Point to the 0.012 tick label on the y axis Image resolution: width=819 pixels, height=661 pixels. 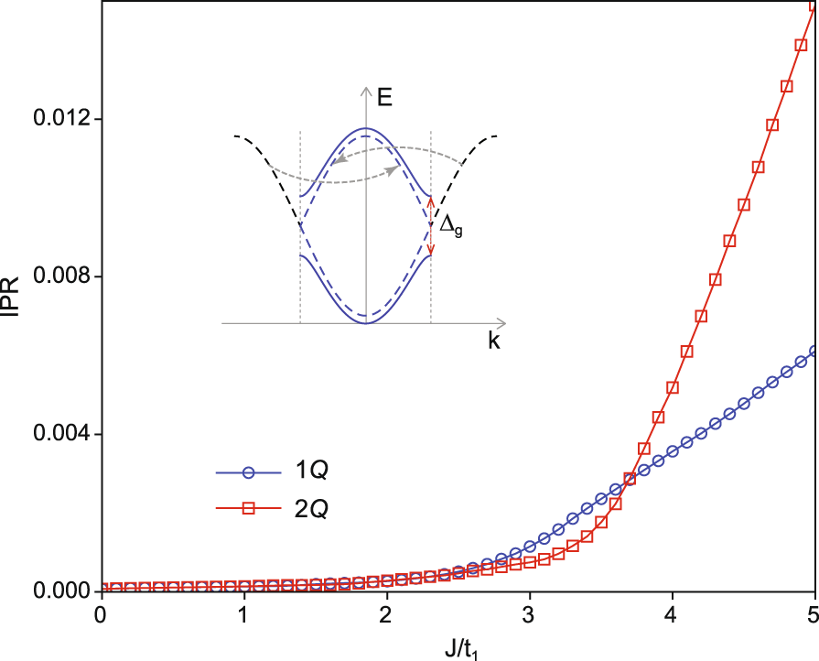[x=57, y=119]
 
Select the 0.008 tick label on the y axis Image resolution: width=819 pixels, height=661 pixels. [x=57, y=276]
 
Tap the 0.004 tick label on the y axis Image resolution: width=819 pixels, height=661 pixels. [x=57, y=433]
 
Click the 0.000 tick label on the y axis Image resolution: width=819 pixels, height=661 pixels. [x=57, y=591]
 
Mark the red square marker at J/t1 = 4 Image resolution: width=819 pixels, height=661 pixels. [x=673, y=387]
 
